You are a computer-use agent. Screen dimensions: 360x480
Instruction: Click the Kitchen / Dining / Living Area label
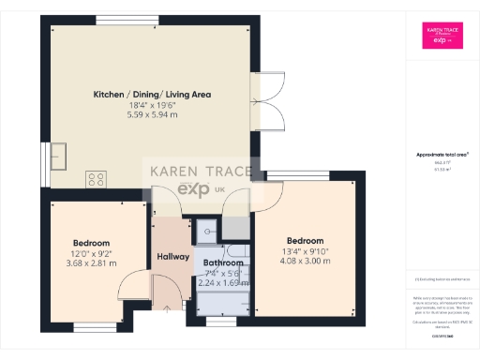pos(152,95)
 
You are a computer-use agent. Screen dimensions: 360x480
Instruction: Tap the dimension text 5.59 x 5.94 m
pos(152,115)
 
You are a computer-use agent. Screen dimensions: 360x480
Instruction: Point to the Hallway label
pos(173,257)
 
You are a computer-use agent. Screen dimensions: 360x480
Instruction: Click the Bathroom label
pos(223,263)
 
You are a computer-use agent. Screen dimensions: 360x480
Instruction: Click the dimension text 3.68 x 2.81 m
pos(92,263)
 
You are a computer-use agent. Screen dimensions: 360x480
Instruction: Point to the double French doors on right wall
pos(266,100)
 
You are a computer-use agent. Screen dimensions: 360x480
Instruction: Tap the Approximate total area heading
pos(442,154)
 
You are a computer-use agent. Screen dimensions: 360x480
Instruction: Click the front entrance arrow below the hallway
pos(168,307)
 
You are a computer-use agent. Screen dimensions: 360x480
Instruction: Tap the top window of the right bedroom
pos(310,174)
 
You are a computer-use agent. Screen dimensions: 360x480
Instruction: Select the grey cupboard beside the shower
pos(236,228)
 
